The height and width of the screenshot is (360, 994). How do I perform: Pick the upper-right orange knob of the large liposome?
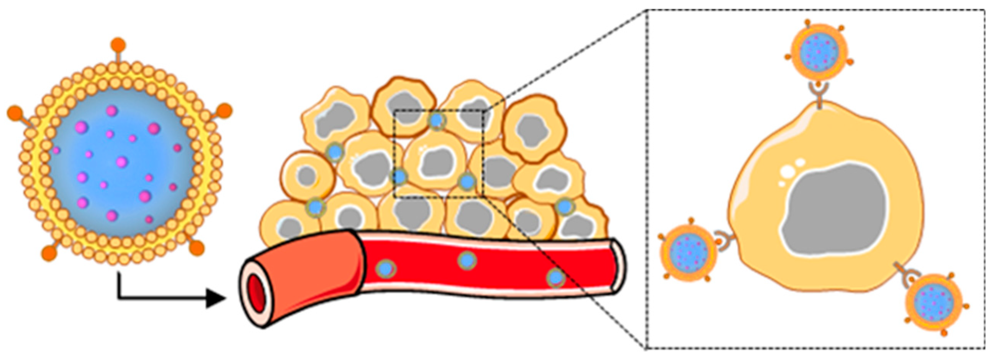point(224,111)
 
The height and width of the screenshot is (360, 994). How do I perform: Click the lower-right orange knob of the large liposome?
point(197,248)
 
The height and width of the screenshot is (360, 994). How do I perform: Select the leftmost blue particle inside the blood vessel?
point(385,268)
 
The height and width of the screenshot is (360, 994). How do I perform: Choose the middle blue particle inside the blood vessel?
point(467,260)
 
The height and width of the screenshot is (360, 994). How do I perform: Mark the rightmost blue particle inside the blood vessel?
point(556,278)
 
